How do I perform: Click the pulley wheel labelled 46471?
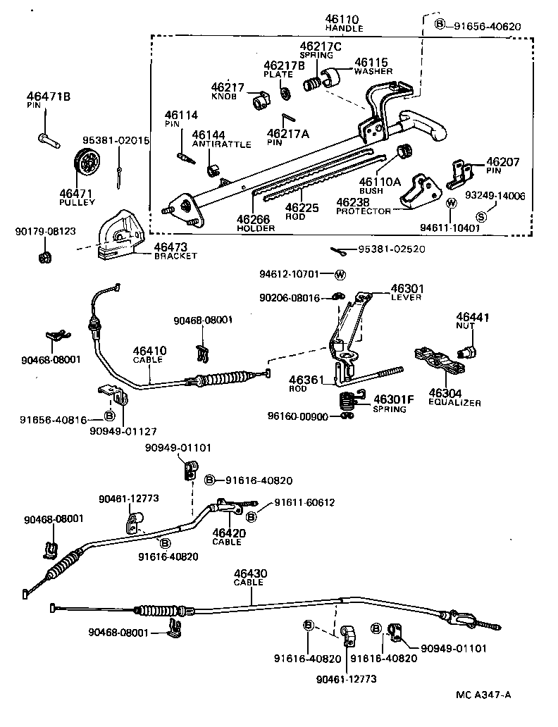[88, 166]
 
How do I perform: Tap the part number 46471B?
[49, 97]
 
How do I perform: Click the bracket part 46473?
[121, 234]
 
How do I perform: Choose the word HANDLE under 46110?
[344, 28]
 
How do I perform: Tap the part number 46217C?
[320, 46]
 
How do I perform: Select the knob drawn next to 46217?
[261, 100]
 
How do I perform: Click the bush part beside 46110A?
[404, 151]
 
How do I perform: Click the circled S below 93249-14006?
[481, 215]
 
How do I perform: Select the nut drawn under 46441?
[466, 349]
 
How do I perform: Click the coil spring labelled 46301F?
[347, 402]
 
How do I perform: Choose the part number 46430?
[250, 574]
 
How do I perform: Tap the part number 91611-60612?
[304, 502]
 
